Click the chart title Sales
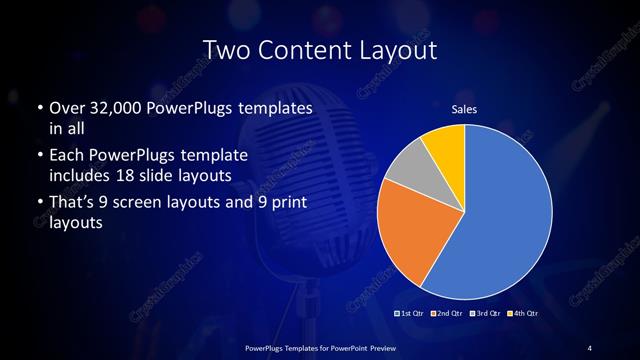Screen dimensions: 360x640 tap(464, 109)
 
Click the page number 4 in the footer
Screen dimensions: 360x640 tap(590, 347)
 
